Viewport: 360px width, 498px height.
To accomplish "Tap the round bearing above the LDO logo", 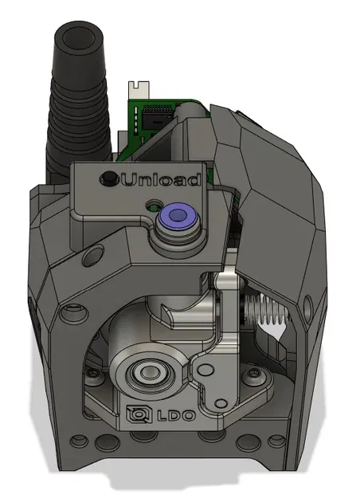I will click(x=147, y=371).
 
